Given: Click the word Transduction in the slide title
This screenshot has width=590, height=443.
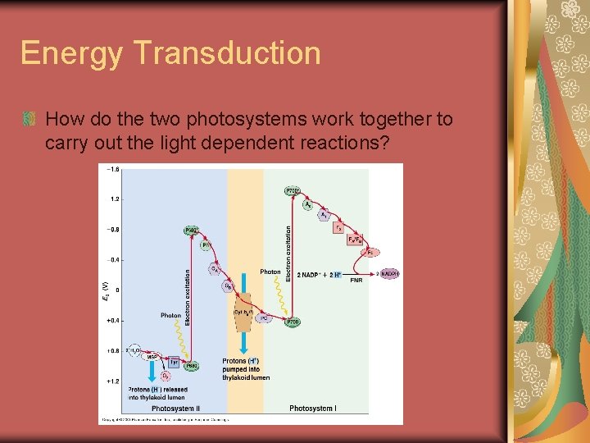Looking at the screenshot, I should (x=231, y=53).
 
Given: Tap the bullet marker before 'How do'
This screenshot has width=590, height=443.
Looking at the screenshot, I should (x=29, y=120).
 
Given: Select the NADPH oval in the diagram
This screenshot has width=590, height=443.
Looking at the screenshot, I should (x=389, y=273).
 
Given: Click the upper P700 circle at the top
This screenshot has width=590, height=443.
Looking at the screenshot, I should (x=293, y=191).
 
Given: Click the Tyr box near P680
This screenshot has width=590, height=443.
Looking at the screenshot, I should (x=174, y=362).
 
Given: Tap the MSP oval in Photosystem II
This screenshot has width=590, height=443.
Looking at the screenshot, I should (x=152, y=357).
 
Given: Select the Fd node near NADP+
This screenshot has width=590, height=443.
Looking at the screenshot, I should (x=370, y=253).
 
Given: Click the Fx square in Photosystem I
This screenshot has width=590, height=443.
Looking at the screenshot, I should (x=338, y=228).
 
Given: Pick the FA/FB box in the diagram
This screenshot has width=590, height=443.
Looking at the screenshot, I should (x=356, y=240).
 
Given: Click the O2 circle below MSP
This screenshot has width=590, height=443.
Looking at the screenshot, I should (x=166, y=376).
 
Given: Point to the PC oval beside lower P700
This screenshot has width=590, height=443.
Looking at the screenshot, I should (x=264, y=318).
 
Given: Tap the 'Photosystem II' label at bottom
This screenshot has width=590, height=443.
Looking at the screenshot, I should (x=175, y=408).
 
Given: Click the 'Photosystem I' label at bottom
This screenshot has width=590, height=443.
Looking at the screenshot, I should (x=312, y=408).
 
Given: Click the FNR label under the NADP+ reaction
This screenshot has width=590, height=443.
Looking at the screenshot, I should (x=356, y=281).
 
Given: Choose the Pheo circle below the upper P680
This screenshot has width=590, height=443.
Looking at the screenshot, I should (x=206, y=244).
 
